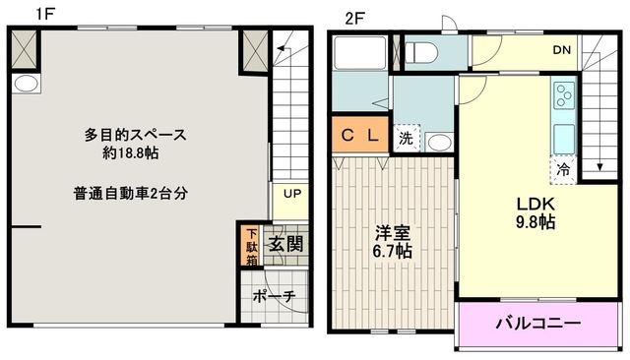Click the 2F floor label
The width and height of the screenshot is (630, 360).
[354, 18]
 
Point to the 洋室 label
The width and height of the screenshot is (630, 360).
[393, 233]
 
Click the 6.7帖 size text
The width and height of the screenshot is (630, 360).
[393, 252]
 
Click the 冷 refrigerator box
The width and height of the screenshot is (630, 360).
[563, 169]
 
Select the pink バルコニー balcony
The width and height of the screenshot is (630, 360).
[537, 322]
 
